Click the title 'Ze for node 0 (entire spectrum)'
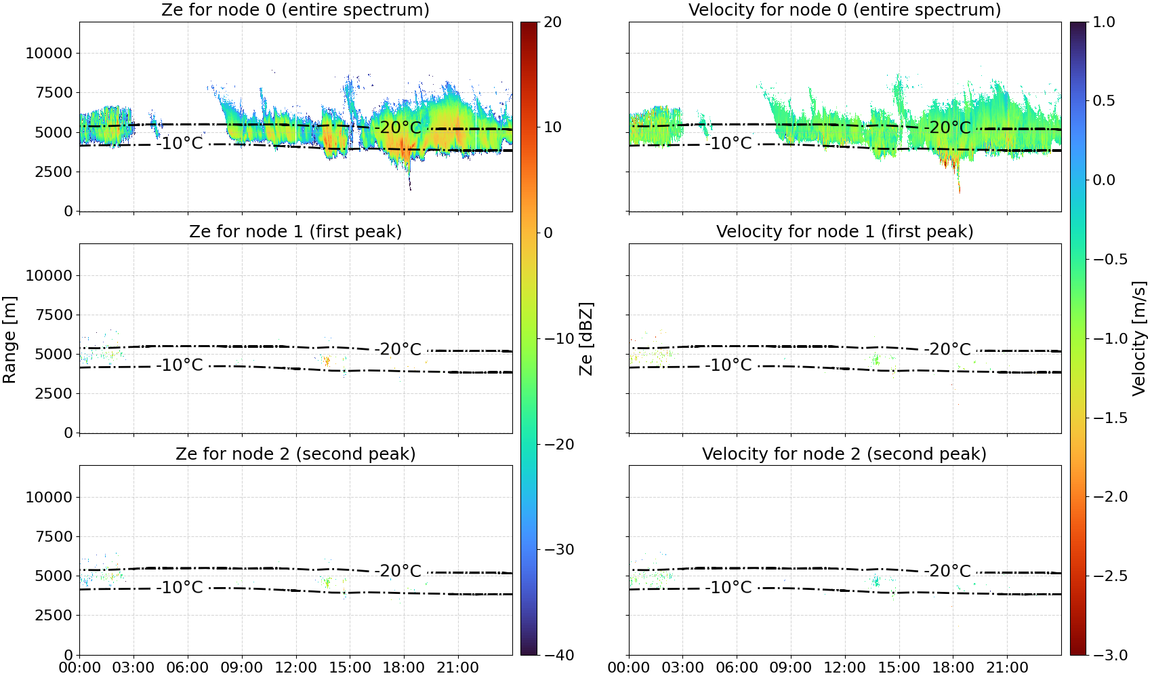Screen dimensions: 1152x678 pos(295,9)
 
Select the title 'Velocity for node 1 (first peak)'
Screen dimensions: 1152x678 pos(845,231)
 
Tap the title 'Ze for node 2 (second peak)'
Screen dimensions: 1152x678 pos(295,454)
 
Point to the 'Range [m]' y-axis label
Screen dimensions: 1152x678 pos(9,340)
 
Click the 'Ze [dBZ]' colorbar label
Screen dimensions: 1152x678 pos(585,339)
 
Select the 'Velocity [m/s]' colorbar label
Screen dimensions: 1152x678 pos(1139,338)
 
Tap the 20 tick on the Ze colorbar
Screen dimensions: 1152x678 pos(552,22)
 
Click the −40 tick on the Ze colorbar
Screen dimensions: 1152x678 pos(559,656)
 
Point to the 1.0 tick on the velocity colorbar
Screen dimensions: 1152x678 pos(1104,22)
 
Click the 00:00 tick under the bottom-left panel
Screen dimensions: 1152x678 pos(80,668)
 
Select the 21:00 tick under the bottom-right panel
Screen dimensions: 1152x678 pos(1007,668)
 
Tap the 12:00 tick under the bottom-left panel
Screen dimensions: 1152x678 pos(296,668)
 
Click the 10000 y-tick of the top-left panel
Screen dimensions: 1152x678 pos(49,53)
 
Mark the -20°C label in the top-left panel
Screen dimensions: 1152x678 pos(398,127)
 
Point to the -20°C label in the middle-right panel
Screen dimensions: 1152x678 pos(947,349)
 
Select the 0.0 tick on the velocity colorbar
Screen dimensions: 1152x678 pos(1104,180)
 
